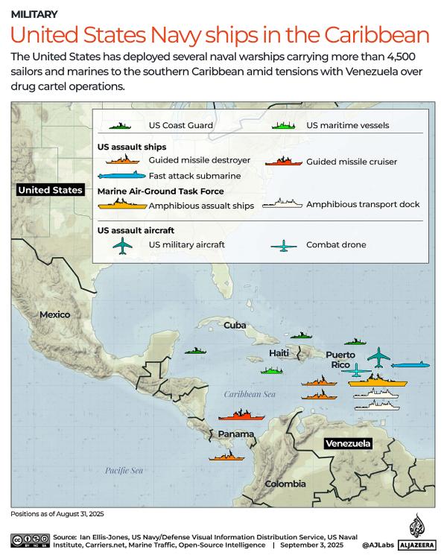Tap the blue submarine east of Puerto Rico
pos(410,365)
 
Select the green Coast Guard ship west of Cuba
pos(195,350)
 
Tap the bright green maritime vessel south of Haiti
pos(273,370)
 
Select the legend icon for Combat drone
pos(283,245)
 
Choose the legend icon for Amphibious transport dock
pos(287,203)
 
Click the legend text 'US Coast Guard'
pos(181,126)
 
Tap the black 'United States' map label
pos(50,190)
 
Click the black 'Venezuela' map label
pos(347,443)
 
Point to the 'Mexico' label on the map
pos(54,314)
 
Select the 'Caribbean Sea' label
pos(250,394)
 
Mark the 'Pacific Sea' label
pos(124,470)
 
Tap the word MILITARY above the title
pos(35,14)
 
